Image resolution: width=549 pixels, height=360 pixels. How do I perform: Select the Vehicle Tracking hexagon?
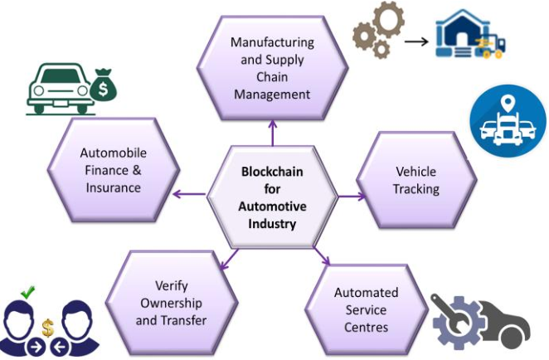pyautogui.click(x=415, y=179)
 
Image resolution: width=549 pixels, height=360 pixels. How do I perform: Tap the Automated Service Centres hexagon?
pyautogui.click(x=366, y=309)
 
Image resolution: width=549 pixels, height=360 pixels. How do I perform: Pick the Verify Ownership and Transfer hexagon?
pyautogui.click(x=172, y=303)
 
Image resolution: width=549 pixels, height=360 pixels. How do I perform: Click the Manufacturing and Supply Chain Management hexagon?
pyautogui.click(x=272, y=67)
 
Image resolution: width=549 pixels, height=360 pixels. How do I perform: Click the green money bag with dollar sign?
pyautogui.click(x=104, y=85)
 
